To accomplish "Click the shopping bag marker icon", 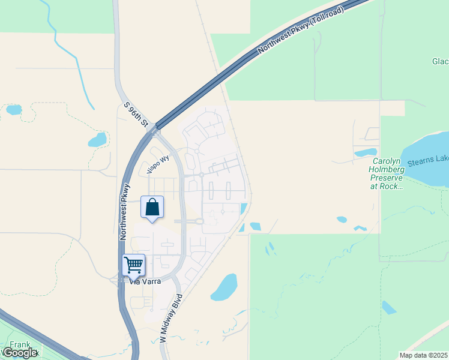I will [x=152, y=207].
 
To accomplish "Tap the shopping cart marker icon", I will [x=133, y=264].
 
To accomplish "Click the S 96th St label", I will [x=136, y=114].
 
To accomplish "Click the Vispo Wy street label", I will [x=159, y=163].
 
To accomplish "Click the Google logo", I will [x=20, y=353].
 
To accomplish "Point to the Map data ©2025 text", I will [x=424, y=355].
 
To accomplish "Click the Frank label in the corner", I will [x=20, y=345].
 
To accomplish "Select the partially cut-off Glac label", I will [x=440, y=61].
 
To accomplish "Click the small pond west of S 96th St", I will [x=97, y=140].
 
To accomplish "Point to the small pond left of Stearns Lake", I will [x=366, y=152].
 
